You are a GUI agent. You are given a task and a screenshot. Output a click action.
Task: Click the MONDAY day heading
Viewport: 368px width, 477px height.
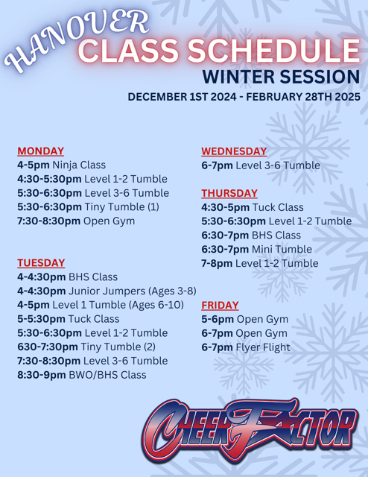(41, 151)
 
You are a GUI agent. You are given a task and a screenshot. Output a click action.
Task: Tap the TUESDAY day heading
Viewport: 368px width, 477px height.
(40, 262)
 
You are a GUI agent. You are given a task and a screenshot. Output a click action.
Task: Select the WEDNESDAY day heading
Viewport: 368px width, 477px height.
(234, 151)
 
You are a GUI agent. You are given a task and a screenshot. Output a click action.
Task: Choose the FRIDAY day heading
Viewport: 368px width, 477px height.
(220, 305)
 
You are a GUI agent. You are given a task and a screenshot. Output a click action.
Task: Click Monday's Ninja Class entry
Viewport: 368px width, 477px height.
(61, 165)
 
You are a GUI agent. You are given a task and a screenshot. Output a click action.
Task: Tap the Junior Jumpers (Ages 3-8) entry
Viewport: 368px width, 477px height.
(107, 291)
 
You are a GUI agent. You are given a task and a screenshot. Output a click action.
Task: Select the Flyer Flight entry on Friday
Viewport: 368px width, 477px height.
(246, 347)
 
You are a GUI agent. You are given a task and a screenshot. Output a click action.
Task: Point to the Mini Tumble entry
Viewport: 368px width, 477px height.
(249, 250)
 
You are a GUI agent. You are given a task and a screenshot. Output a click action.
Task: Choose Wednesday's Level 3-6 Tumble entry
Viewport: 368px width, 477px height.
(261, 165)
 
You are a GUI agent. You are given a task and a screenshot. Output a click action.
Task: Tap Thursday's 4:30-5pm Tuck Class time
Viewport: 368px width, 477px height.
(227, 207)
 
